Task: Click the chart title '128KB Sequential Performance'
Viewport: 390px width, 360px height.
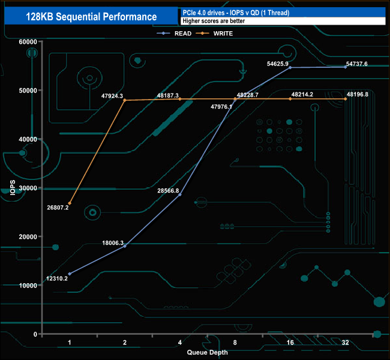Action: click(91, 17)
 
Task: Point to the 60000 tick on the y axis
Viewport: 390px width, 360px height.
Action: click(28, 41)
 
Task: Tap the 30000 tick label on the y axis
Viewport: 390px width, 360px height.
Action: click(28, 188)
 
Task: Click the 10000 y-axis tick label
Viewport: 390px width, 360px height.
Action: click(28, 286)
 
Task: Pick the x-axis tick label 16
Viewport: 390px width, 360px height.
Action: click(290, 343)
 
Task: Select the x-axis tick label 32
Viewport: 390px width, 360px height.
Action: click(345, 343)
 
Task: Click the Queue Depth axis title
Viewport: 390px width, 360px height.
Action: click(207, 352)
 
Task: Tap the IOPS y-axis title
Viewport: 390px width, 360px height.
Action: click(13, 188)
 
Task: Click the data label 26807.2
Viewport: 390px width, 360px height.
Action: click(58, 208)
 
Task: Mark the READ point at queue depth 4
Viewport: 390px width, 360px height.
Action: click(179, 195)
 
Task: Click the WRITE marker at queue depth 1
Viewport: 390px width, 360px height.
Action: click(70, 203)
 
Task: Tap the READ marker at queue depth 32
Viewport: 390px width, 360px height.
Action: click(345, 67)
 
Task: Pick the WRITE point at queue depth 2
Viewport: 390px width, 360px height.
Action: click(125, 100)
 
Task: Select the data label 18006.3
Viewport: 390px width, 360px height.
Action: click(113, 243)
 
